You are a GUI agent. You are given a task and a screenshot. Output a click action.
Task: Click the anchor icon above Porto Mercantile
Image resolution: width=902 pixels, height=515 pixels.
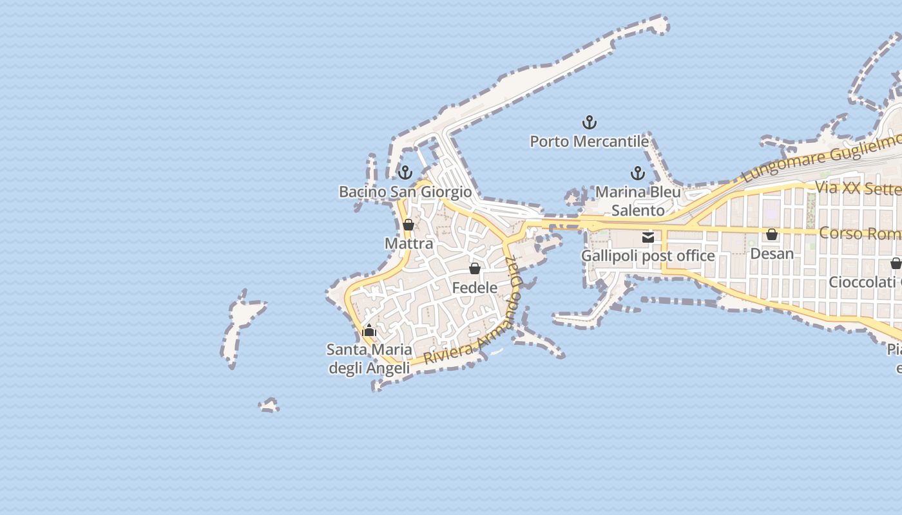[x=590, y=122]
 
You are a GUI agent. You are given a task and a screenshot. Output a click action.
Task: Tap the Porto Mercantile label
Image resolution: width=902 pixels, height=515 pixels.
[x=589, y=142]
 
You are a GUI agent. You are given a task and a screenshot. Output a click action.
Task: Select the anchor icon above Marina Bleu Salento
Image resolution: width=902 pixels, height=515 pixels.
[x=637, y=173]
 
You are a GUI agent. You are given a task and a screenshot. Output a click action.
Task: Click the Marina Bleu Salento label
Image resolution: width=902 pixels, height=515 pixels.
[x=638, y=201]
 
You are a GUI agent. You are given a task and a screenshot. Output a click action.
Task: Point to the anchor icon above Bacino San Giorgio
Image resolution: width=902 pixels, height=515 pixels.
[x=405, y=173]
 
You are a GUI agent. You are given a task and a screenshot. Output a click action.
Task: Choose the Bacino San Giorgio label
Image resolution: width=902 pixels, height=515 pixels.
[x=405, y=192]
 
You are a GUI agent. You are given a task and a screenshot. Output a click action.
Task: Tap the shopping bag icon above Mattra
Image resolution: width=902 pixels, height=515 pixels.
[x=408, y=225]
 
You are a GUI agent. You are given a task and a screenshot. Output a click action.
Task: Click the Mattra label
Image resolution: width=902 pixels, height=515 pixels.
[x=408, y=243]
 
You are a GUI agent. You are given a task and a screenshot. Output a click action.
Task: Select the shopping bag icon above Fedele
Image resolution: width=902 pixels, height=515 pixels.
[x=475, y=268]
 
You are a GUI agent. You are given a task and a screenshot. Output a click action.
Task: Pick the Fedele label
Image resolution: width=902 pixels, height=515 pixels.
[x=475, y=288]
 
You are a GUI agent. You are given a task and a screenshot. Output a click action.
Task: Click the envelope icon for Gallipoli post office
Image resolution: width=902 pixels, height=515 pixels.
[x=648, y=237]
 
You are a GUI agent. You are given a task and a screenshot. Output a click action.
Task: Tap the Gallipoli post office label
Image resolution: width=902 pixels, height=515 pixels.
[x=648, y=256]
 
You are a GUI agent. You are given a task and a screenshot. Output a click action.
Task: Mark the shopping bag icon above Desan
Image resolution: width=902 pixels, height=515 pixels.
[x=772, y=234]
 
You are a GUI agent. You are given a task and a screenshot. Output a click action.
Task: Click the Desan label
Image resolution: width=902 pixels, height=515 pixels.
[x=772, y=254]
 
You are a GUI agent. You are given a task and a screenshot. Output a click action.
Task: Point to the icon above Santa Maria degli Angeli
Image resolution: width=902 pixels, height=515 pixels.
[x=369, y=331]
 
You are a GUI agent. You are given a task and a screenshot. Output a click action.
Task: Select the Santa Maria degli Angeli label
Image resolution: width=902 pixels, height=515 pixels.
[x=369, y=359]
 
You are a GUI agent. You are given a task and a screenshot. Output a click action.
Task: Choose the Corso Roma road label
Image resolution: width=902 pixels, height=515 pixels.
[x=860, y=233]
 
